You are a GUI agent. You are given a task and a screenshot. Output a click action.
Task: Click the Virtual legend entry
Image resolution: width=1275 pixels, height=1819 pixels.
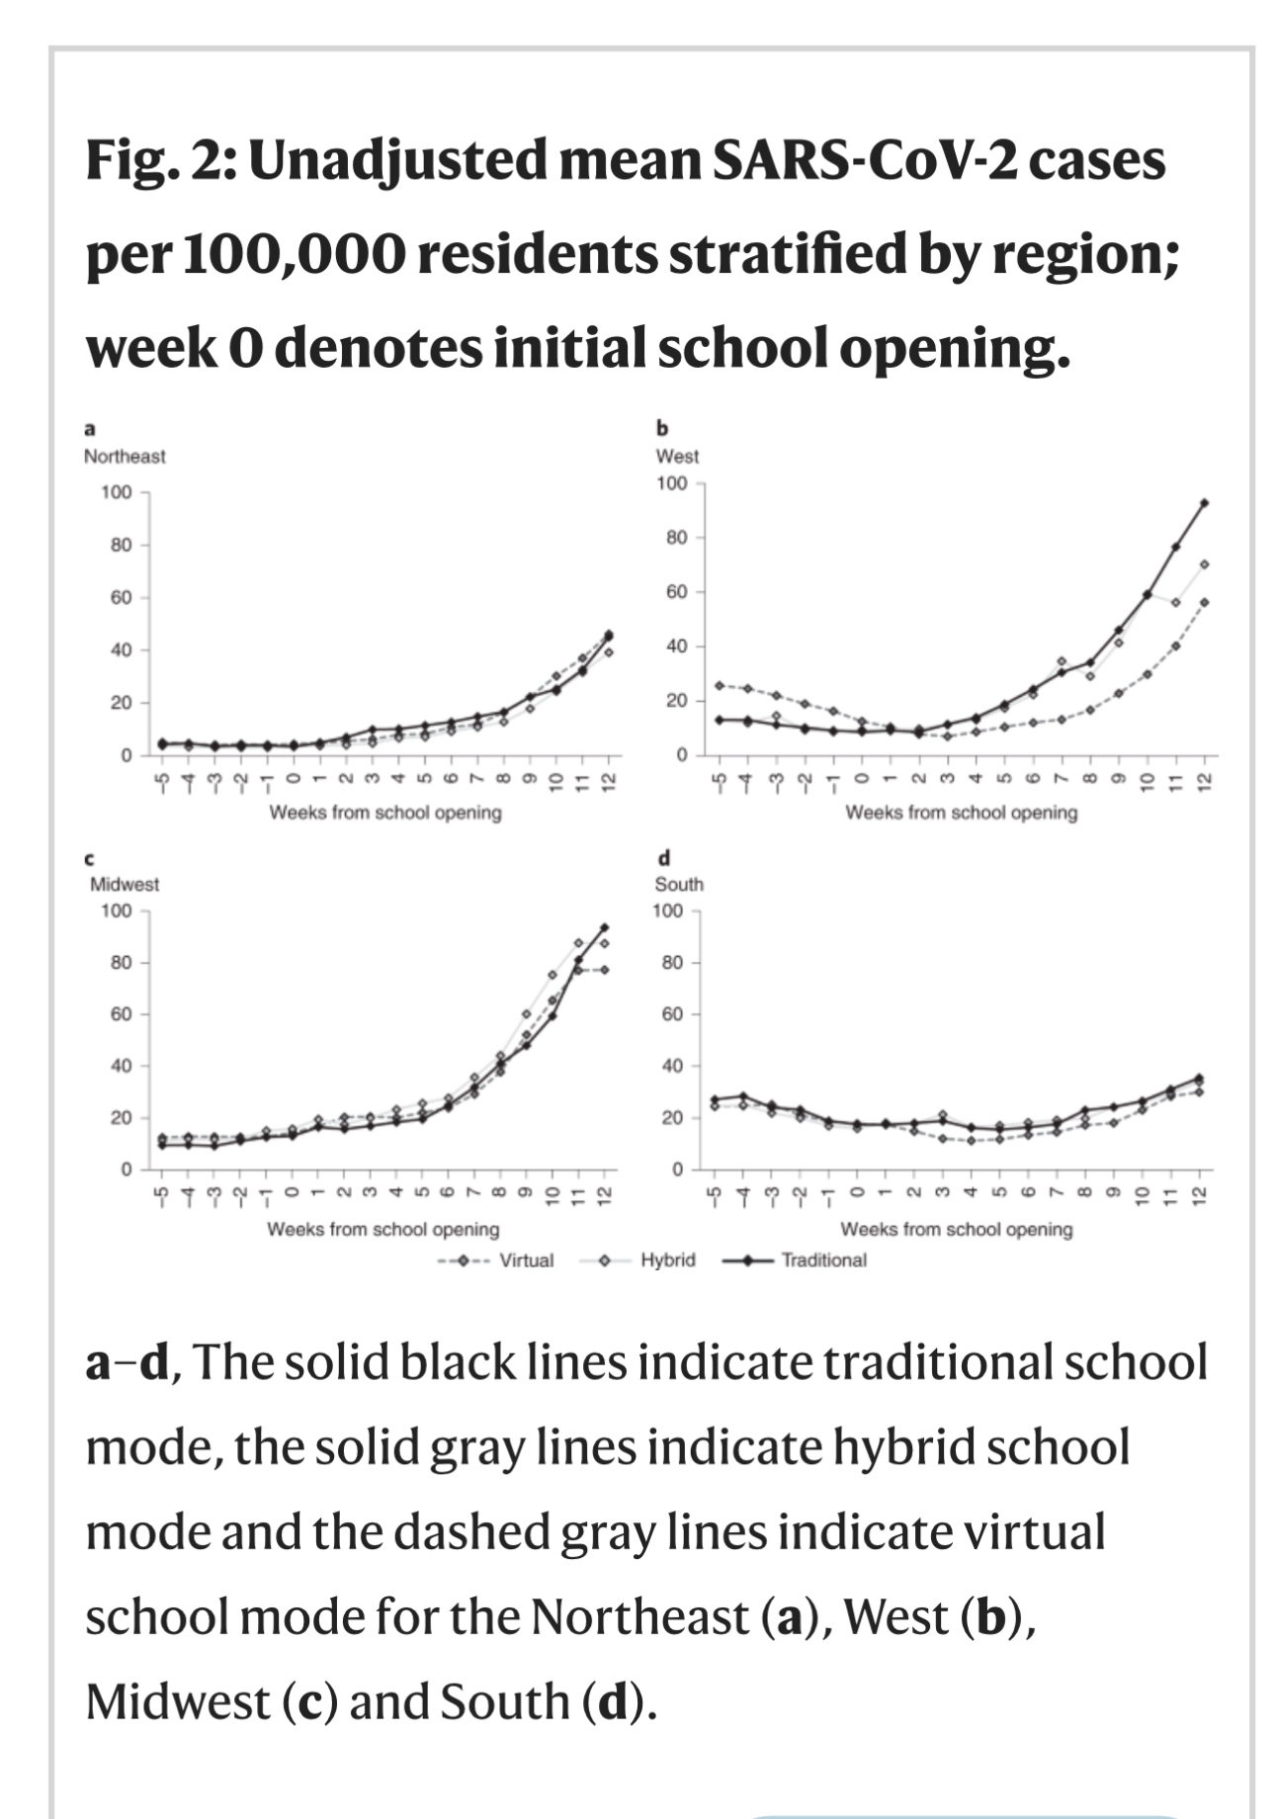(x=525, y=1260)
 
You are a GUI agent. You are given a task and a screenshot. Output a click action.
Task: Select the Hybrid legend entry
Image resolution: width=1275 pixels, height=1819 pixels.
(x=667, y=1260)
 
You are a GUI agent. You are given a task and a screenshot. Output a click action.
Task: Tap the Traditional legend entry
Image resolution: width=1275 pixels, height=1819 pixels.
(x=823, y=1260)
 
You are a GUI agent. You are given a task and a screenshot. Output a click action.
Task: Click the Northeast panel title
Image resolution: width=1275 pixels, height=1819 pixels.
(x=125, y=457)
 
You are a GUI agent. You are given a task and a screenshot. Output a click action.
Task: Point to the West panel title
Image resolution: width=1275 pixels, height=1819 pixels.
(x=677, y=457)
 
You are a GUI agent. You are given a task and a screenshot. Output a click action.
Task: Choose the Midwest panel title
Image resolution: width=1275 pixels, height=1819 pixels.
(x=125, y=884)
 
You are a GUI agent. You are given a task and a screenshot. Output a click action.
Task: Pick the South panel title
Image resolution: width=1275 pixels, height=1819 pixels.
(x=679, y=884)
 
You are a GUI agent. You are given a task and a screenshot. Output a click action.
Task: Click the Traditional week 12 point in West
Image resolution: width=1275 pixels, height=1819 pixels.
(x=1204, y=503)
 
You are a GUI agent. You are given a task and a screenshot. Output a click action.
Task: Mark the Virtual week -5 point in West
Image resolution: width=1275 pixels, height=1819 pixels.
(x=720, y=685)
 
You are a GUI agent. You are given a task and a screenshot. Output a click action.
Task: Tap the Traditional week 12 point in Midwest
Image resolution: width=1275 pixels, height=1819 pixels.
(x=604, y=927)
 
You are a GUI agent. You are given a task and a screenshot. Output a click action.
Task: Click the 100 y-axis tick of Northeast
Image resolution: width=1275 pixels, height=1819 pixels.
(x=117, y=492)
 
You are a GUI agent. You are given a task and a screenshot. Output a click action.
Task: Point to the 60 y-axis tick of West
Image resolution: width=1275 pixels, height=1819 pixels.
(x=675, y=592)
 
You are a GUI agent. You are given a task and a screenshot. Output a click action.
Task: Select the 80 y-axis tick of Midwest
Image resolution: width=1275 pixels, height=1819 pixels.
(x=120, y=962)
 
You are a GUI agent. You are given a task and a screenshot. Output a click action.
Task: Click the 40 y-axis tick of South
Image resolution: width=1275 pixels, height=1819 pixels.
(x=672, y=1066)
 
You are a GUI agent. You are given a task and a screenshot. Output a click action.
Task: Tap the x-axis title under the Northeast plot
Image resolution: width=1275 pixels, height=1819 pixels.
(x=385, y=813)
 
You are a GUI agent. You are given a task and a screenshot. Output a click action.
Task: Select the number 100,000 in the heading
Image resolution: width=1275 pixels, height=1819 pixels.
(x=294, y=255)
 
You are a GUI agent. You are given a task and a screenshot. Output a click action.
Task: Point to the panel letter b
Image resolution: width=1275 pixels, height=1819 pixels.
(x=662, y=429)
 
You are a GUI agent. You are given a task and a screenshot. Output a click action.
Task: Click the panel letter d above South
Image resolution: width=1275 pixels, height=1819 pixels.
(x=663, y=857)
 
